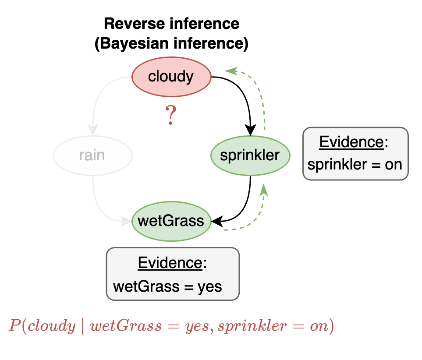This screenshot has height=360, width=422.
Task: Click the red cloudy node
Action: pyautogui.click(x=171, y=77)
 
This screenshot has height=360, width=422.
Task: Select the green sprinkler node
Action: pyautogui.click(x=250, y=155)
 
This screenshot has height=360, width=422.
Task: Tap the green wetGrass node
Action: pyautogui.click(x=171, y=220)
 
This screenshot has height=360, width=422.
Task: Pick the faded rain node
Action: pyautogui.click(x=92, y=155)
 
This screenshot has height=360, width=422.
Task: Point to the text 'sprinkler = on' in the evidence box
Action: pyautogui.click(x=355, y=164)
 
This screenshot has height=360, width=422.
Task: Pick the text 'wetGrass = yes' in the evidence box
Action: pyautogui.click(x=168, y=286)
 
